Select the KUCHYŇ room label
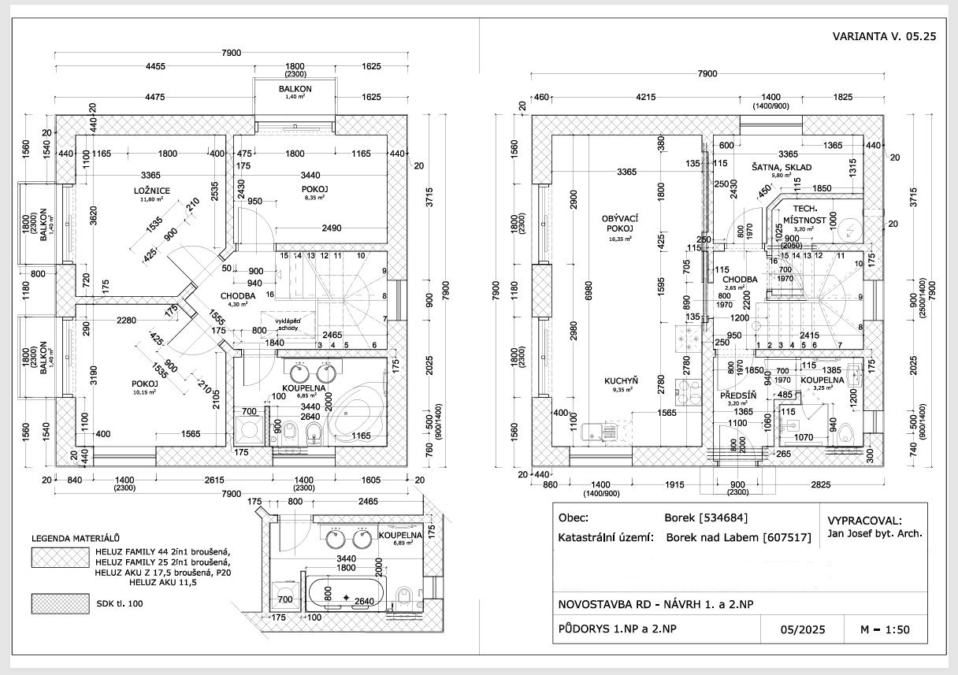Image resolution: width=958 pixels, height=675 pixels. [621, 381]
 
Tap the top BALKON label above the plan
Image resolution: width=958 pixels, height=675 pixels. [295, 89]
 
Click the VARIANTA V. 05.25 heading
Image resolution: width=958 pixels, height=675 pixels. [883, 37]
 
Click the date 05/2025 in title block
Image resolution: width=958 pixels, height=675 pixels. [801, 631]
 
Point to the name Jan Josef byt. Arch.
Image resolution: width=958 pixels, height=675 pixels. [874, 534]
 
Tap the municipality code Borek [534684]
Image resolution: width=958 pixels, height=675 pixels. [706, 517]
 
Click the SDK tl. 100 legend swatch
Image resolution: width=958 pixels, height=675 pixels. [58, 605]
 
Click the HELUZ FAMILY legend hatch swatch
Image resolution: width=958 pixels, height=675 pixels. [58, 558]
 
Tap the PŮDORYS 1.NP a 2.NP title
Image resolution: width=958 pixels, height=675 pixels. [615, 631]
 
